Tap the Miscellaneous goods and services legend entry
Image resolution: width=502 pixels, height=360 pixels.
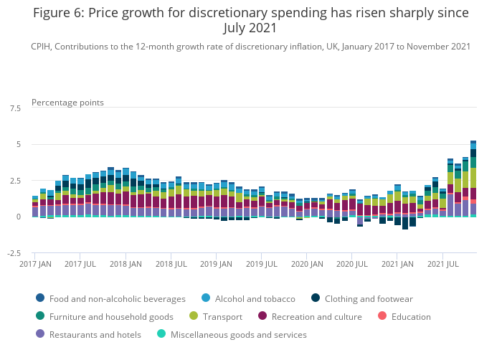[237, 334]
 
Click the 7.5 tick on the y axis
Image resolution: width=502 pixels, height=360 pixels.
[14, 108]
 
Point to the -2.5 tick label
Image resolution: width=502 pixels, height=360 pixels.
[13, 253]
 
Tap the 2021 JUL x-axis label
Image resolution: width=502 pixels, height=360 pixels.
[443, 264]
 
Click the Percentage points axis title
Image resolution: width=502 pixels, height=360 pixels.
[67, 102]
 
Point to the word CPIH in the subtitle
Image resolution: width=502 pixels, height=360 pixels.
[42, 46]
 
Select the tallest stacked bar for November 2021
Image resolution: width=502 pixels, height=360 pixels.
[473, 179]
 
